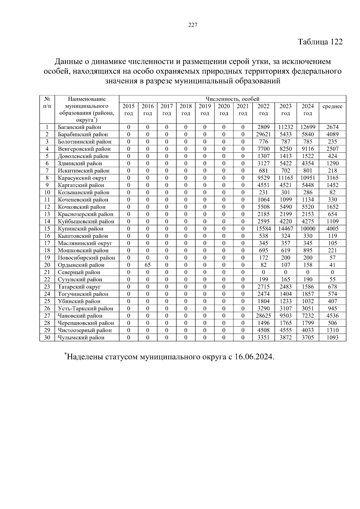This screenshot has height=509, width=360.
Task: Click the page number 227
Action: coord(193,25)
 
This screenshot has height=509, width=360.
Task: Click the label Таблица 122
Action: coord(320,42)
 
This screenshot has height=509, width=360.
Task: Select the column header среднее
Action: coord(332,106)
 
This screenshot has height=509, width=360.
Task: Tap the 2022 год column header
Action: coord(263,110)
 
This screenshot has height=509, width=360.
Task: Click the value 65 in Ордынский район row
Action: coord(148,265)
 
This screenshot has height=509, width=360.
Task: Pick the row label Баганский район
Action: coord(79,127)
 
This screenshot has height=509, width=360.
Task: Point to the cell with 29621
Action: coord(263,134)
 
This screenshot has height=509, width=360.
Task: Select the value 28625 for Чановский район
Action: coord(263,316)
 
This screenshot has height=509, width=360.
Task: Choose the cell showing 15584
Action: coord(263,229)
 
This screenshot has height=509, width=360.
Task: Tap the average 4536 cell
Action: coord(332,316)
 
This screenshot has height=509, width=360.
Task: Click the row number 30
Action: coord(47,337)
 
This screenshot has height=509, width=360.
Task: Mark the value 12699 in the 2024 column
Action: coord(308,127)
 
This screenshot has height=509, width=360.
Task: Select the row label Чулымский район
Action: coord(81,337)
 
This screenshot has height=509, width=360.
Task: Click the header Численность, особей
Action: coord(232,99)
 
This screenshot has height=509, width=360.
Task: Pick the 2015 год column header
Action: coord(128,110)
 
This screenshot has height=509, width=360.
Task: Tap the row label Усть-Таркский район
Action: coord(85,308)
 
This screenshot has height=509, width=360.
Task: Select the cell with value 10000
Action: coord(308,229)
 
